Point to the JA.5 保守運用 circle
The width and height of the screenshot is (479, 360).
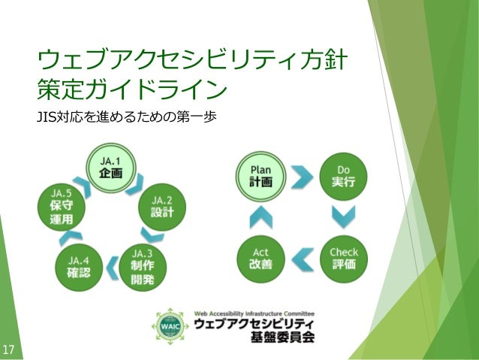(62, 206)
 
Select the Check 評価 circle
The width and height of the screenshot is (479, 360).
(344, 259)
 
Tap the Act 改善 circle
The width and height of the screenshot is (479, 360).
(260, 259)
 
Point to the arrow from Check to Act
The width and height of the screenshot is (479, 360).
(302, 259)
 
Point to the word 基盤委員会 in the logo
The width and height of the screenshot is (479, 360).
(282, 337)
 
